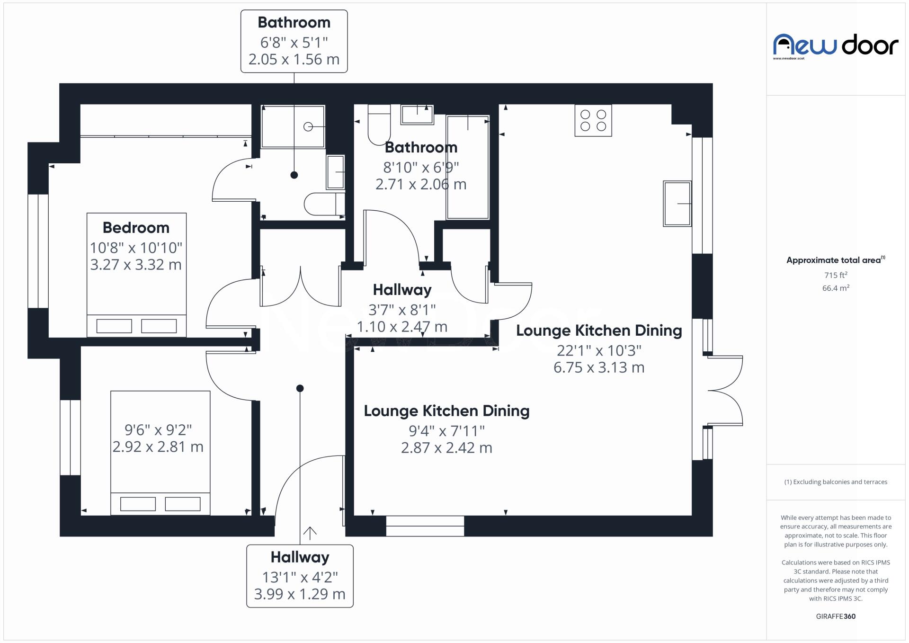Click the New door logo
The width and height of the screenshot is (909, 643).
[x=836, y=45]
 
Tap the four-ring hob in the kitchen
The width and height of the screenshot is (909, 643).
[x=593, y=120]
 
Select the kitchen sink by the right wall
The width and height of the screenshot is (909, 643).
[x=677, y=203]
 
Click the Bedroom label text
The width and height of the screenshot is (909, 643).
[x=136, y=228]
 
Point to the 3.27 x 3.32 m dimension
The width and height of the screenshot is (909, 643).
[x=136, y=265]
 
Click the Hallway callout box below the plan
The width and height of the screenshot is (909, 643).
[x=300, y=576]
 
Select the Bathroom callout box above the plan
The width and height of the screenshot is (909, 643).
[x=294, y=41]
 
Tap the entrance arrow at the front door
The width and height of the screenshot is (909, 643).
[x=310, y=533]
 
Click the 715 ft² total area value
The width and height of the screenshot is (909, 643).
[x=836, y=275]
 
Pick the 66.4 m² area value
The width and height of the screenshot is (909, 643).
[x=836, y=288]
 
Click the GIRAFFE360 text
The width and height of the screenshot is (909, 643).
[x=836, y=616]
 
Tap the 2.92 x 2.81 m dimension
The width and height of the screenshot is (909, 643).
[x=158, y=447]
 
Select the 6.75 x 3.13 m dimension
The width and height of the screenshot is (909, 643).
[x=599, y=367]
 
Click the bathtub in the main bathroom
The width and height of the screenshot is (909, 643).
[x=468, y=167]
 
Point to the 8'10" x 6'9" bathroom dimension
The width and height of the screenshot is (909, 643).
[x=421, y=167]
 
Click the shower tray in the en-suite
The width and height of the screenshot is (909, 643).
[x=293, y=126]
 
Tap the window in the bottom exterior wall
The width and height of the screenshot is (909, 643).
[x=425, y=526]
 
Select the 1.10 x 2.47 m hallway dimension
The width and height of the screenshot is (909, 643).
[x=402, y=327]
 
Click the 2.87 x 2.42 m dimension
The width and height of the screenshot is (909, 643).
[x=446, y=448]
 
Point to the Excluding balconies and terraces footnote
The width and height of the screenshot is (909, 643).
[x=836, y=482]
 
